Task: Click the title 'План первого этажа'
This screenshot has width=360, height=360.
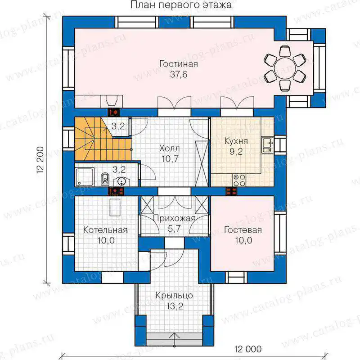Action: coord(181,5)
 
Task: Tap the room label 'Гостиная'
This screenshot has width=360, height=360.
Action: coord(179,64)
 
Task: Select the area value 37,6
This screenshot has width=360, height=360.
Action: coord(179,74)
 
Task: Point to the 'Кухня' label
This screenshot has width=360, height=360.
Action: coord(236,141)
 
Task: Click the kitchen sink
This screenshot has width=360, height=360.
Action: coord(267,145)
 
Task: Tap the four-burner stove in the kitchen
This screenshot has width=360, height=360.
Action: coord(239,180)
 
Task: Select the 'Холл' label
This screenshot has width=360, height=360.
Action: coord(170,148)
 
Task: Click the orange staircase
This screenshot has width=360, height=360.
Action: coord(103,139)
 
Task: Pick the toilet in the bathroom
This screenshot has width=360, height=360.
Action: coord(105,179)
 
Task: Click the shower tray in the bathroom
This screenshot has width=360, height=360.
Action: coord(85,177)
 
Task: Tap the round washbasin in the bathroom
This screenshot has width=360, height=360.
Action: coord(121,181)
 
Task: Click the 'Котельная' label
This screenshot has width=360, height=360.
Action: coord(105,230)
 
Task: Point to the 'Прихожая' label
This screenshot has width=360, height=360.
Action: coord(174,218)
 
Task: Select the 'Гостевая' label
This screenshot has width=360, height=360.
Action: coord(243,230)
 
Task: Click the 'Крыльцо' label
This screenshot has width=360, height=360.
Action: coord(174,296)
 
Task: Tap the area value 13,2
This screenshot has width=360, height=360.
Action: coord(175,306)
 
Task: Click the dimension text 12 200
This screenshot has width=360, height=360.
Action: coord(40,160)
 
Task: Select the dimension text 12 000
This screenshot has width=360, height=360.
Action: coord(248,349)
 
